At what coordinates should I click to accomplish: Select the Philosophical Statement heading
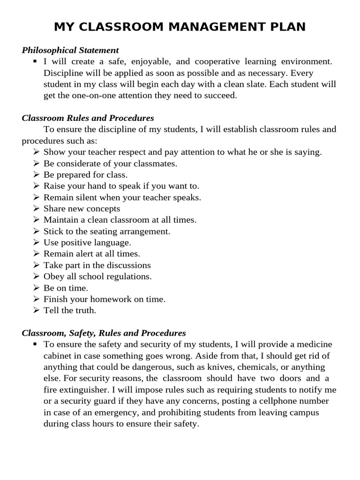(x=70, y=50)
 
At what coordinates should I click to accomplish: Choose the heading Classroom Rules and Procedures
(x=88, y=118)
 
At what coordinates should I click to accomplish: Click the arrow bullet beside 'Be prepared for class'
(x=37, y=175)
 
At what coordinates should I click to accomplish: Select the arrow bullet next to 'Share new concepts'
(x=37, y=209)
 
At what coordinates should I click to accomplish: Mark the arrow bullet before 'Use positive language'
(x=37, y=242)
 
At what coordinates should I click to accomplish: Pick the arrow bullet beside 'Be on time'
(x=37, y=287)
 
